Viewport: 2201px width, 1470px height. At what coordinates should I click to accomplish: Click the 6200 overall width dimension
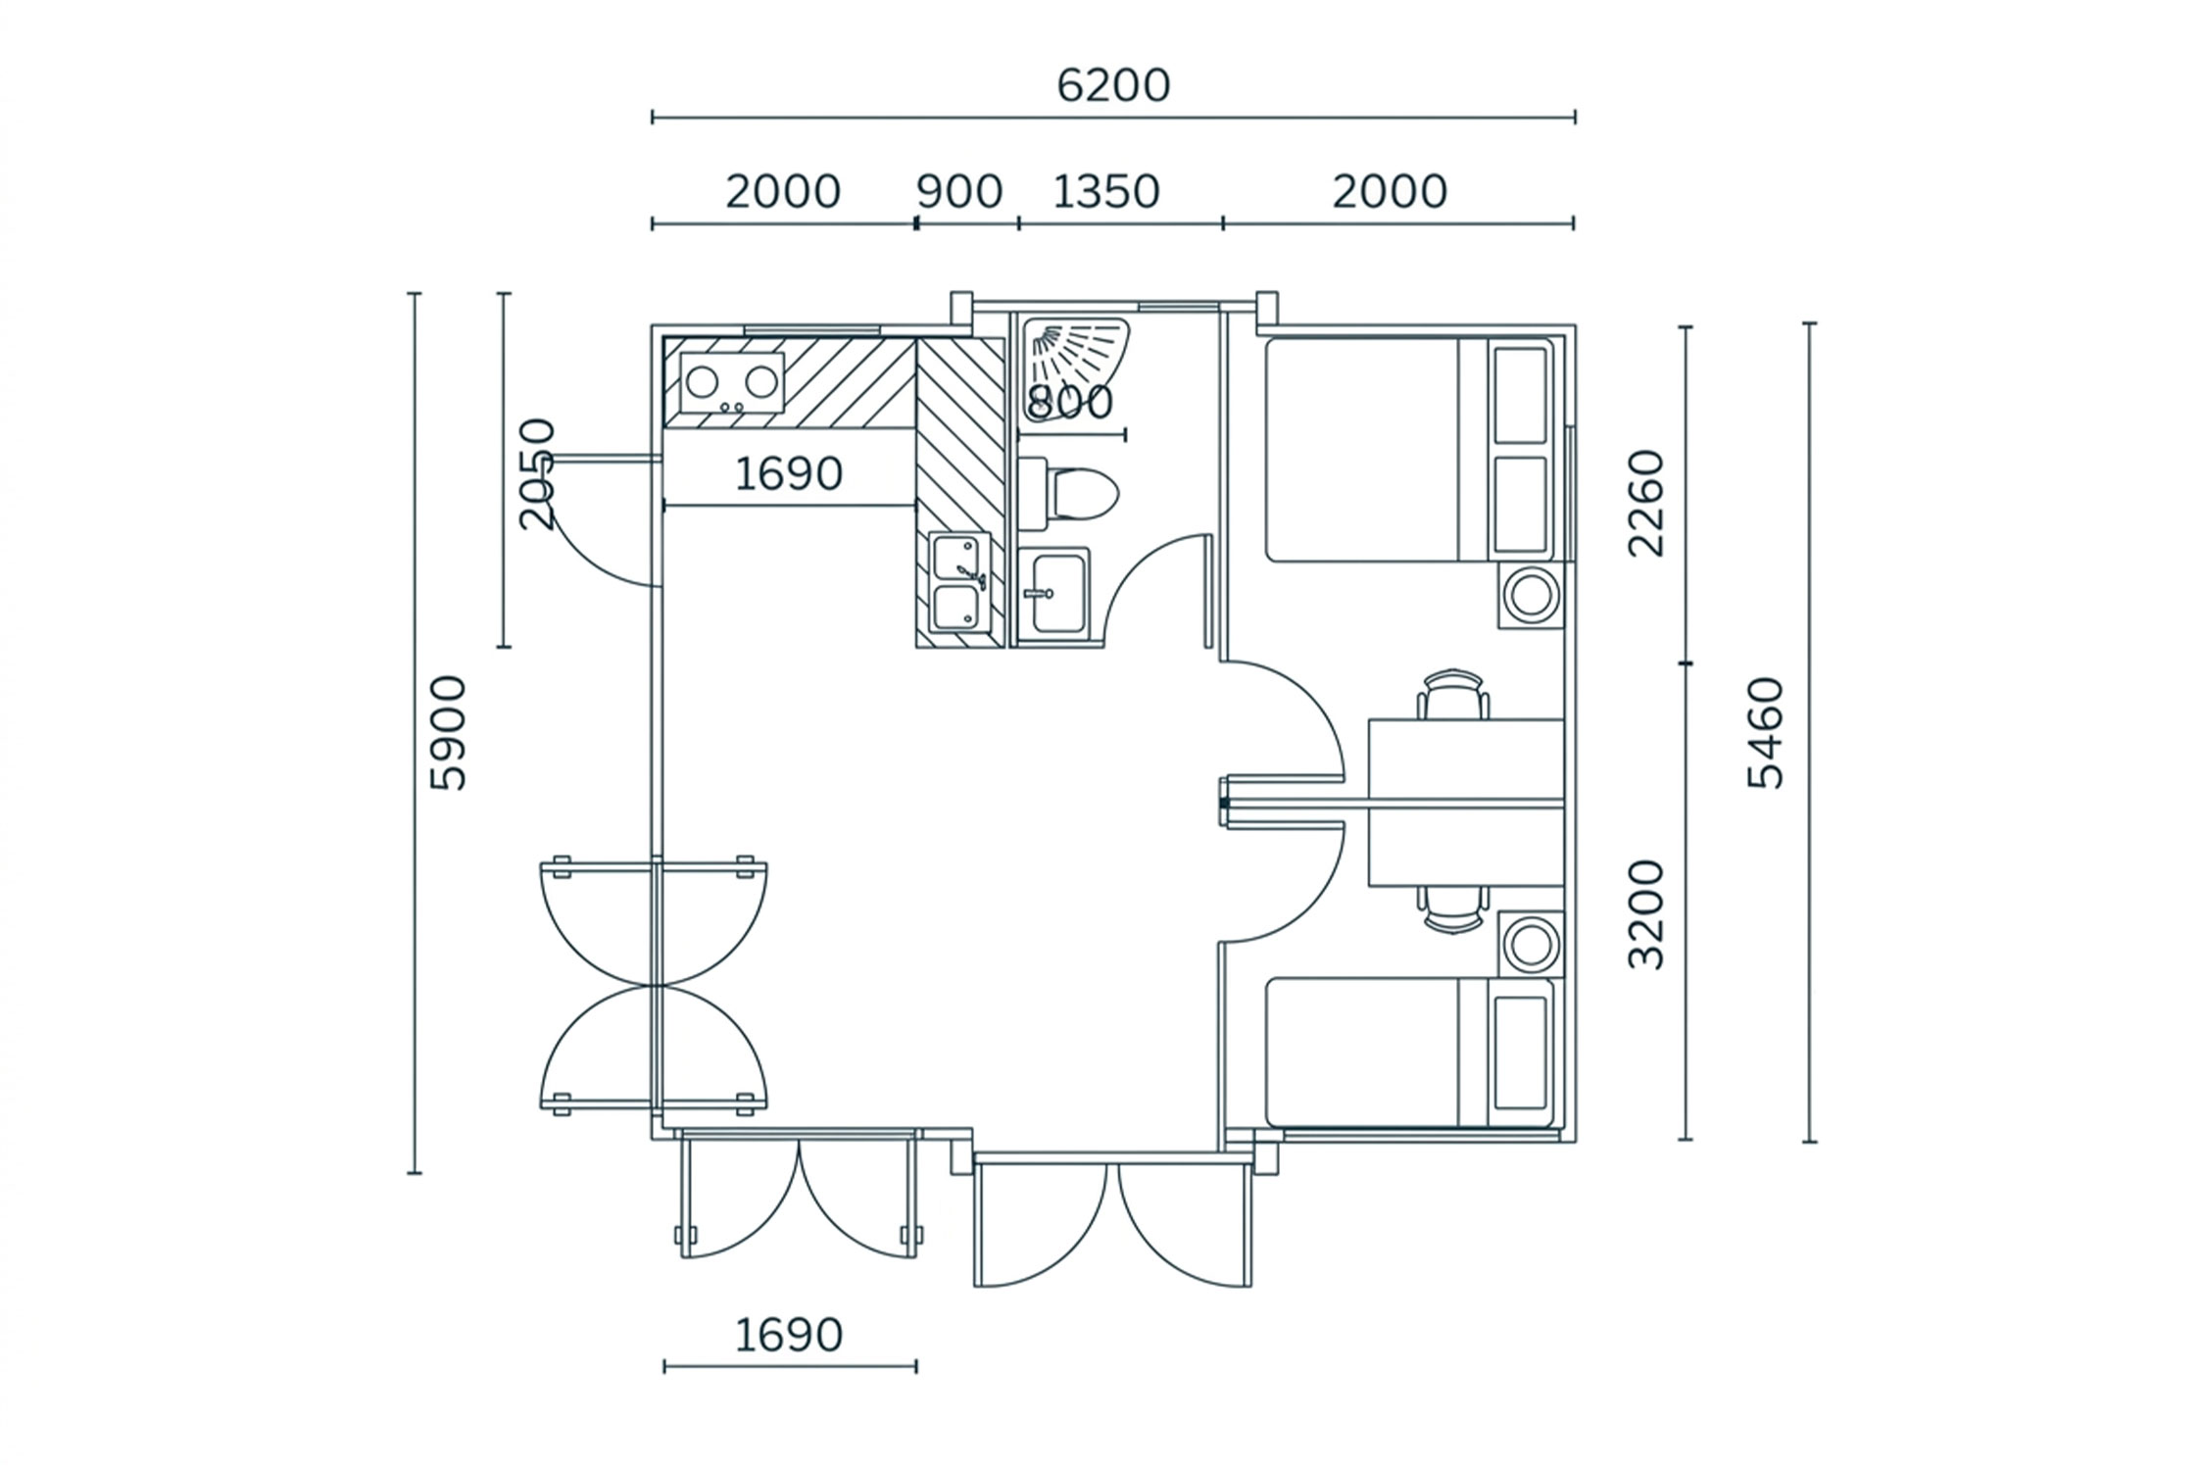(x=1113, y=86)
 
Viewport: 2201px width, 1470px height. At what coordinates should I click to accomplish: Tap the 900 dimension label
(x=959, y=192)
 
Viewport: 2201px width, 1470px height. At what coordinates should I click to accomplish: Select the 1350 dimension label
(x=1105, y=192)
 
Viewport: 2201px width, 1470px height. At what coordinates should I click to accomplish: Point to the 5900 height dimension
(x=451, y=733)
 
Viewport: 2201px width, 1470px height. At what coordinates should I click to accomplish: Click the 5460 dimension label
(x=1766, y=733)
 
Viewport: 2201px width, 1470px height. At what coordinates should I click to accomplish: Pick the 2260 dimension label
(x=1645, y=503)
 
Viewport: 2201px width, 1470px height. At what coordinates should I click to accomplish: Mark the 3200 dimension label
(x=1645, y=915)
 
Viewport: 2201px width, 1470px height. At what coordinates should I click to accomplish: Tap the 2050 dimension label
(x=537, y=474)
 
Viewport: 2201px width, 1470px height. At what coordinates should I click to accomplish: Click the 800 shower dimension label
(x=1070, y=402)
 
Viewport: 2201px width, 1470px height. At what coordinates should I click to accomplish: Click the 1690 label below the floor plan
(x=789, y=1335)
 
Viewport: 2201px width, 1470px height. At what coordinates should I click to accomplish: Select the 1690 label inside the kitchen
(x=789, y=474)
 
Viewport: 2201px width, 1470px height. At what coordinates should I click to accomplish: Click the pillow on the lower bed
(x=1520, y=1053)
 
